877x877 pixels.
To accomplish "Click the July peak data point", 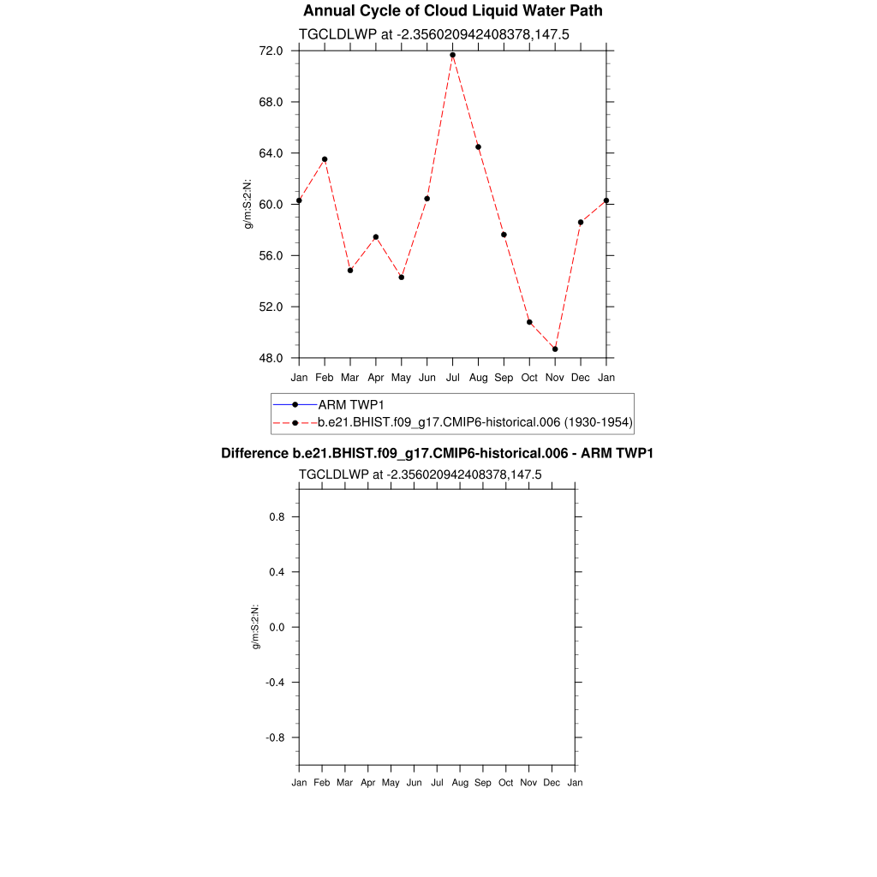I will (x=452, y=55).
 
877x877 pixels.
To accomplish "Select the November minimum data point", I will (x=555, y=349).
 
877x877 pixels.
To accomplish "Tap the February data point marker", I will (x=325, y=159).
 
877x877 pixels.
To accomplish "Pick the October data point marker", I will (x=529, y=322).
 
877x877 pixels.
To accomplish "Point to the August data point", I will (x=478, y=147).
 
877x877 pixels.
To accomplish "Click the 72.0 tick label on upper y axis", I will (x=271, y=51).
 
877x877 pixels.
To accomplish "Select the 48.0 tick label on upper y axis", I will (x=271, y=358).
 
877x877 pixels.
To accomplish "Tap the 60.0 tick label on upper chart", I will (x=271, y=205).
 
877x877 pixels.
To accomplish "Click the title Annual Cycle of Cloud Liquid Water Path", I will (x=453, y=11).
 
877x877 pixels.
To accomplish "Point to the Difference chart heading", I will (x=437, y=452).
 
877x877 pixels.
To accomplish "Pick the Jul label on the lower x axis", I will (x=437, y=783).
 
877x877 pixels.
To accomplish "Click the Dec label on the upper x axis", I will (x=581, y=378).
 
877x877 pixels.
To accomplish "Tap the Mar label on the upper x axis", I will (x=350, y=378).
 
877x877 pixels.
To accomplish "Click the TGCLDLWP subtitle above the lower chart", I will (x=421, y=474).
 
